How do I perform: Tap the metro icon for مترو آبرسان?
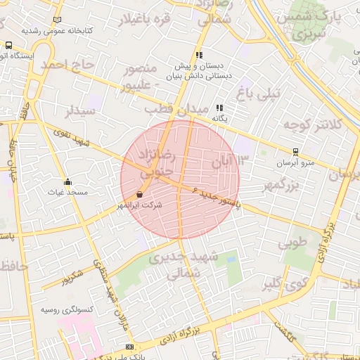point(295,151)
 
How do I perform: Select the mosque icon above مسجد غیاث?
point(67,181)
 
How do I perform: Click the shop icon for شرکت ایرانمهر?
point(139,195)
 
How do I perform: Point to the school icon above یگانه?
point(220,108)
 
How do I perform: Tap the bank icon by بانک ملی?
point(129,347)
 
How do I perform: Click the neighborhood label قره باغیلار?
point(146,20)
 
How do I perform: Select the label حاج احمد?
point(67,65)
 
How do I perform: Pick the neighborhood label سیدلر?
point(80,111)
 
